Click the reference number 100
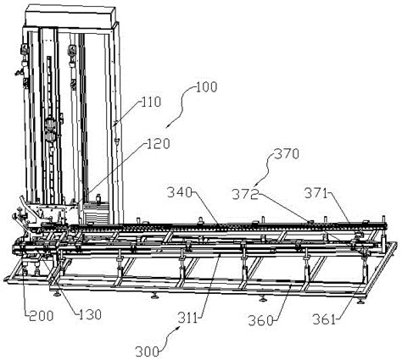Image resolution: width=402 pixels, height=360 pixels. coord(206,87)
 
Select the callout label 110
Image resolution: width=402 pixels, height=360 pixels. coord(151,102)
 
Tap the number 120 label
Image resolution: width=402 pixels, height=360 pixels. coord(159,144)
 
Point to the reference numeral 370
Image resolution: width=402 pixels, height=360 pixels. coord(287,154)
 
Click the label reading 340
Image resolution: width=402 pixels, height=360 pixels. coord(180,193)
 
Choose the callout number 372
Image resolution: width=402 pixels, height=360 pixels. coord(245,195)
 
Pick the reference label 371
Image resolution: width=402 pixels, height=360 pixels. coord(315,194)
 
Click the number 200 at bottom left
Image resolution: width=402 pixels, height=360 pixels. coord(42,315)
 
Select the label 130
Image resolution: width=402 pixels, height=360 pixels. coord(90,314)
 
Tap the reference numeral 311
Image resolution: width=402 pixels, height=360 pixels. coord(187,318)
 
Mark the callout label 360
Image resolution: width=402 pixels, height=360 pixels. coord(261,321)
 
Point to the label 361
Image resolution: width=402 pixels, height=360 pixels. coord(324,320)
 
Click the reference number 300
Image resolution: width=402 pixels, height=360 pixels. coord(147,352)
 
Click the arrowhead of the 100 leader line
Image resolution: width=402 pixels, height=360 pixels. coord(167,127)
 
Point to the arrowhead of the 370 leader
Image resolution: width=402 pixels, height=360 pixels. coord(254,186)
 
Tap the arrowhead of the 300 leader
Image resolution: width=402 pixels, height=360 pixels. coord(179,327)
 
